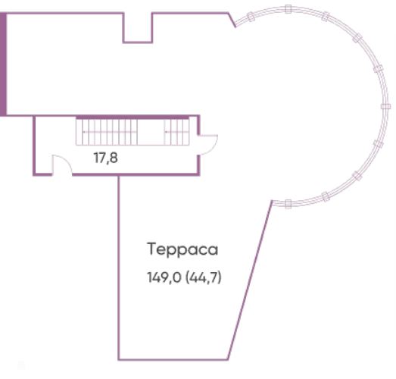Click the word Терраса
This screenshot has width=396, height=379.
click(x=182, y=249)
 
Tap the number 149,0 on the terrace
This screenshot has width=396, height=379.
click(x=164, y=278)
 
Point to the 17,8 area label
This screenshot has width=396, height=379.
click(x=106, y=158)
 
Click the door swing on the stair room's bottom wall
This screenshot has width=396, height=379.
click(x=62, y=164)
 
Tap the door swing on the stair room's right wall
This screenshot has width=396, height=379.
click(x=209, y=145)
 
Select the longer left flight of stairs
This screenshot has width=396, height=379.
click(x=107, y=132)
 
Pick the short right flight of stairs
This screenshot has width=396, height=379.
click(x=176, y=132)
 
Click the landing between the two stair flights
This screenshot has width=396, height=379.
click(x=151, y=132)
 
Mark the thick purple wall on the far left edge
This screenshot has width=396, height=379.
click(x=3, y=64)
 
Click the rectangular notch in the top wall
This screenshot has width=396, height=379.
click(x=138, y=27)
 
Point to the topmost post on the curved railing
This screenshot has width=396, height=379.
click(x=288, y=9)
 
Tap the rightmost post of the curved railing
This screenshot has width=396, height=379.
click(x=385, y=106)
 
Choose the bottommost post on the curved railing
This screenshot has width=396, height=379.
click(x=288, y=204)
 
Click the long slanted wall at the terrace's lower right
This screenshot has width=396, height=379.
click(x=251, y=280)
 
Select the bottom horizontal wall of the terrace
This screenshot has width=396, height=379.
click(x=173, y=359)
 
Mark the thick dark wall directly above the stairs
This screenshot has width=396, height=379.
click(x=133, y=117)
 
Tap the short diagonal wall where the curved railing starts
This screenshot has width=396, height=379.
click(x=232, y=20)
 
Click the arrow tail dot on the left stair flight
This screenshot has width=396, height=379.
click(x=84, y=132)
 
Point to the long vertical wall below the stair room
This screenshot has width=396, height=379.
click(x=118, y=267)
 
